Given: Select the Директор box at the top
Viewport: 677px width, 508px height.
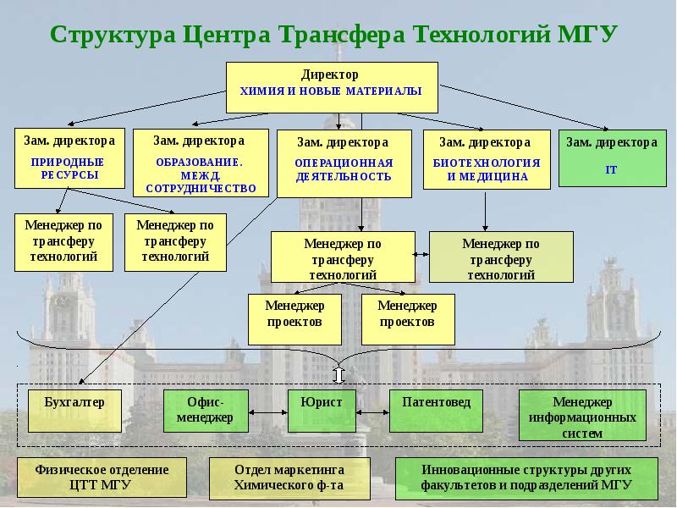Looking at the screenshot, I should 331,86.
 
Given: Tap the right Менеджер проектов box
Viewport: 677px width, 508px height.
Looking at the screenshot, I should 407,316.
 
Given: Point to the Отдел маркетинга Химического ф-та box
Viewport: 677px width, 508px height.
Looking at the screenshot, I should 289,478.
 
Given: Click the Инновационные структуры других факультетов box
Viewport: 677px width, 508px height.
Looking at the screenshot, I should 526,478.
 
